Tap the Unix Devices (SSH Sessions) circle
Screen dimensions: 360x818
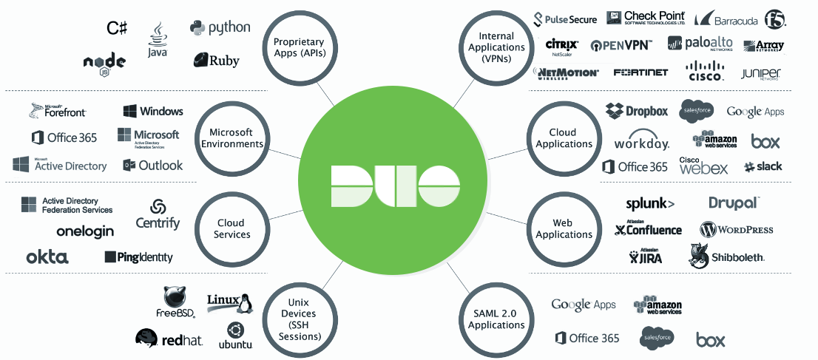tap(300, 319)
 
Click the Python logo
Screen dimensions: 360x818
tap(220, 28)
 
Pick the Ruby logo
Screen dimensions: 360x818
tap(217, 61)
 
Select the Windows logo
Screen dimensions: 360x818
tap(153, 112)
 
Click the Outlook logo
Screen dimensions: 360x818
tap(153, 166)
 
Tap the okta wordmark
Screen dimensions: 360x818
tap(47, 257)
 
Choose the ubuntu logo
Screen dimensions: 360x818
tap(235, 336)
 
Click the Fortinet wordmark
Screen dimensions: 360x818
tap(640, 72)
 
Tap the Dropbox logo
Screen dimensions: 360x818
tap(637, 111)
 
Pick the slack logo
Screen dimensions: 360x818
tap(763, 166)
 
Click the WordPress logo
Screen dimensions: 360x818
tap(737, 229)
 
